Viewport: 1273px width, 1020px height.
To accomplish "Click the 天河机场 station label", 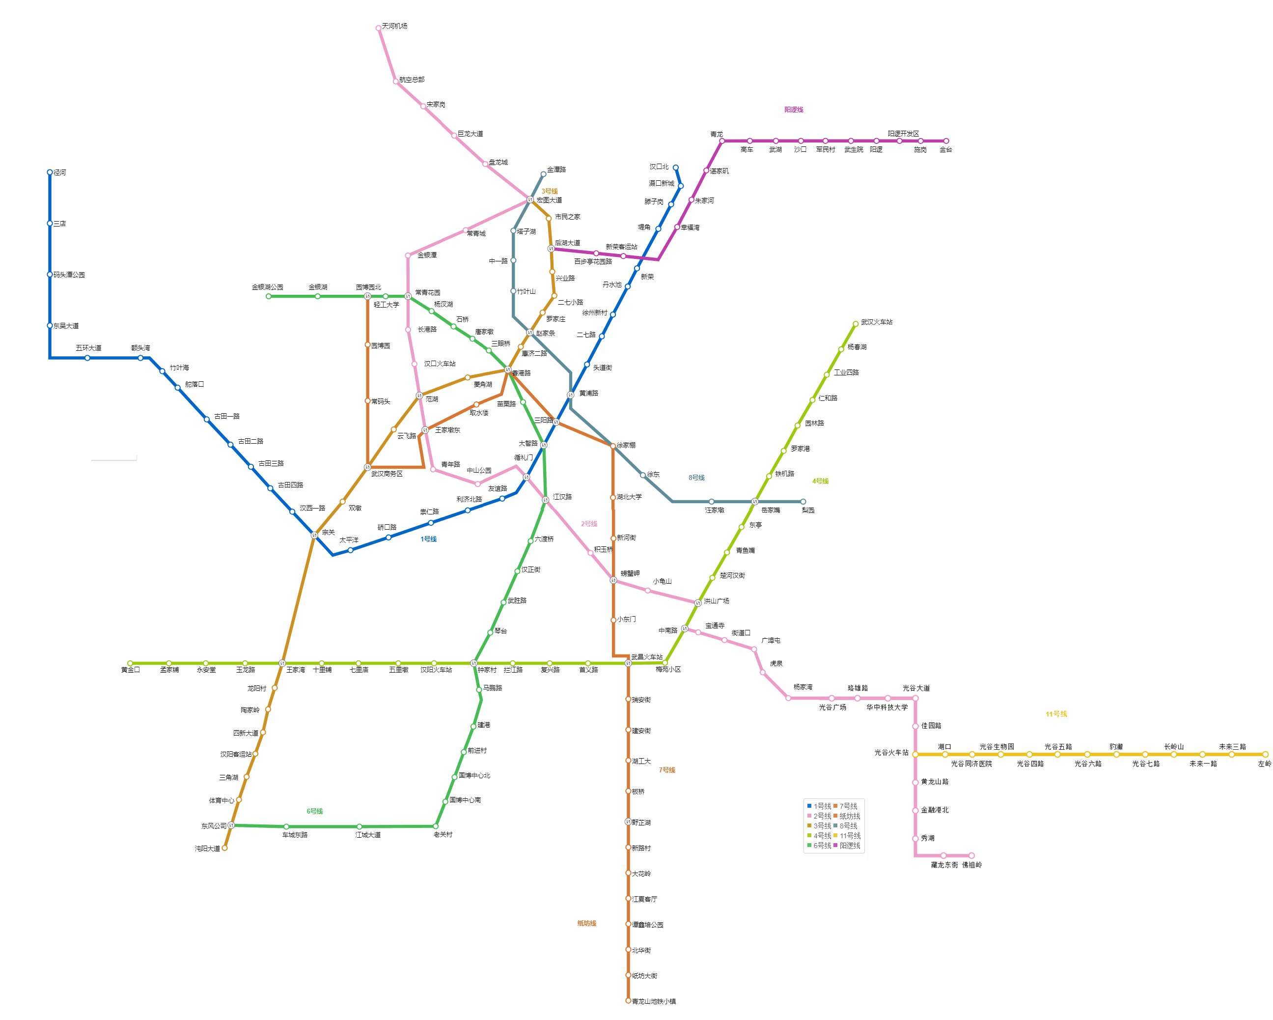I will coord(394,26).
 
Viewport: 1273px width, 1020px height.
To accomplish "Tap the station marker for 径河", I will coord(50,172).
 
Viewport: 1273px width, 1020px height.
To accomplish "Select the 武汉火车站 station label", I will coord(876,322).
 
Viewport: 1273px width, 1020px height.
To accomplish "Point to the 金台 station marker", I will coord(946,141).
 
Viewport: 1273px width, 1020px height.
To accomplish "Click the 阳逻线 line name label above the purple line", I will coord(794,110).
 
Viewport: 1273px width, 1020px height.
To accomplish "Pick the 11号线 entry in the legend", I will coord(850,836).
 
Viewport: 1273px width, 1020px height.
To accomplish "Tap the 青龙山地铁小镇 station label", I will coord(654,1002).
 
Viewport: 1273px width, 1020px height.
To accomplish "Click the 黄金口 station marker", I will coord(130,663).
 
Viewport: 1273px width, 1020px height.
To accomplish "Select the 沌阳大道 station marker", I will coord(224,848).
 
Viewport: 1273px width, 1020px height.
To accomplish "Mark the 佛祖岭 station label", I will coord(972,865).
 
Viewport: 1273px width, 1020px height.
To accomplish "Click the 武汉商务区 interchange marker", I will coord(367,467).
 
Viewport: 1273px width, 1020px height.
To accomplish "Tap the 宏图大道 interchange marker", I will coord(530,199).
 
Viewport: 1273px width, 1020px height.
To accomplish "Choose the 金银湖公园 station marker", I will coord(269,296).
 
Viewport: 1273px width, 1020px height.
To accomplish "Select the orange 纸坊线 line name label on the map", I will coord(586,924).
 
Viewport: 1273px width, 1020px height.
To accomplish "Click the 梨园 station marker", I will coord(803,502).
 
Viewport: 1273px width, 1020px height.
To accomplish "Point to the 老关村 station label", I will coord(443,835).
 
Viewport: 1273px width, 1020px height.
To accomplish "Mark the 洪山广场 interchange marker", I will coord(698,603).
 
